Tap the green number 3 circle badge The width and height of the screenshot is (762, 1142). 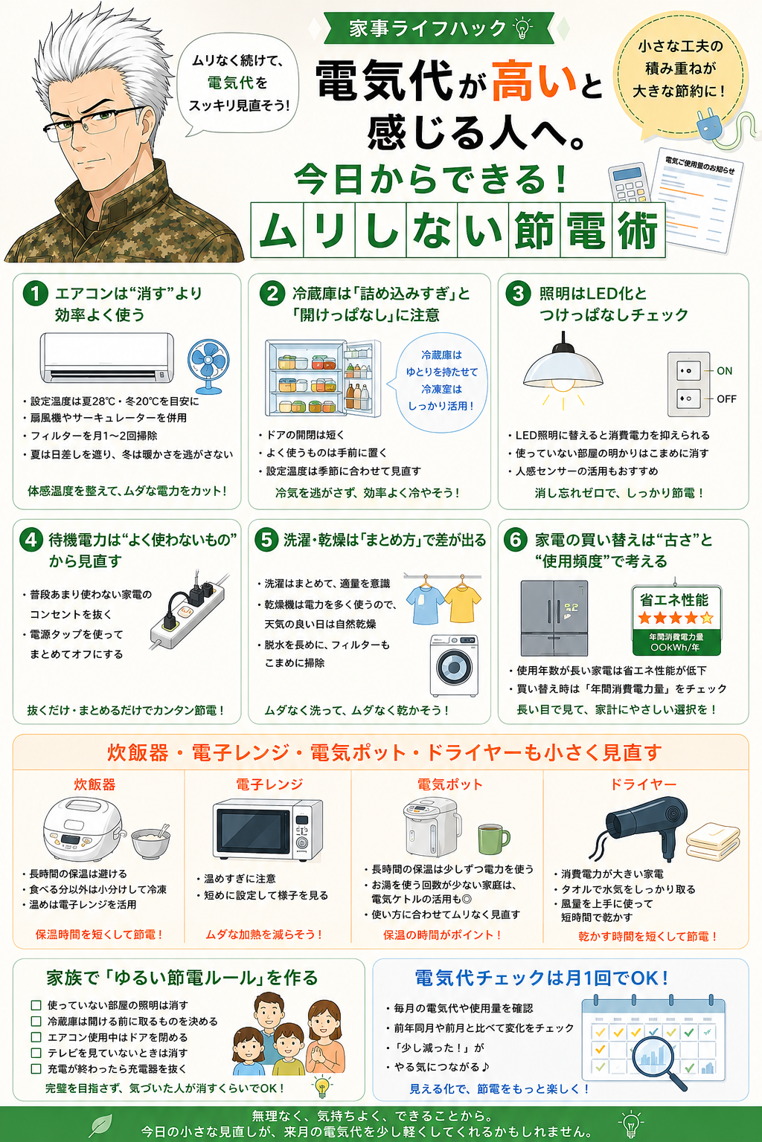coord(518,293)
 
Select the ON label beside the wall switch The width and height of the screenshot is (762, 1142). coord(724,371)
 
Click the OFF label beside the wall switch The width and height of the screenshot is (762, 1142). coord(726,399)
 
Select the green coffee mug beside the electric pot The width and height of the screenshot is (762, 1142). coord(493,838)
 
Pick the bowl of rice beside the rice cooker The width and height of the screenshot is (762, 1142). coord(150,842)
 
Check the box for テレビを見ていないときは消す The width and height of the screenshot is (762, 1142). coord(36,1053)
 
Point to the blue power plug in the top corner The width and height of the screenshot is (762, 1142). coord(709,125)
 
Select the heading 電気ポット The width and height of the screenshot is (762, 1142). coord(449,784)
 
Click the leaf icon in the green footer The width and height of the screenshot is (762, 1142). coord(100,1125)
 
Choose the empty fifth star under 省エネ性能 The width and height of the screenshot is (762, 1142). coord(707,618)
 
